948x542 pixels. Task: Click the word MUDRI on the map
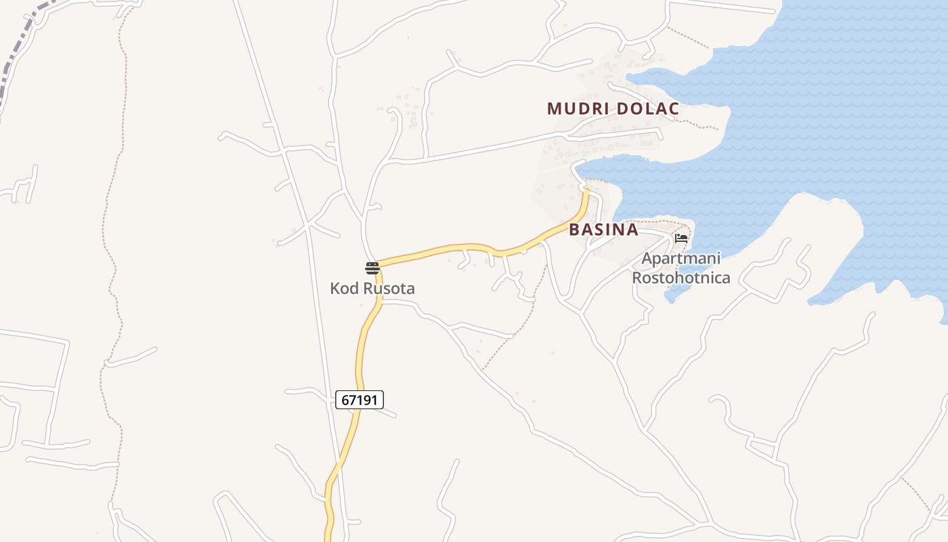[576, 108]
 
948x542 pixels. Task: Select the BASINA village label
[603, 230]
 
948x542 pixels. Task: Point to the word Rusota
[389, 289]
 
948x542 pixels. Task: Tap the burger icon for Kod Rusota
[372, 268]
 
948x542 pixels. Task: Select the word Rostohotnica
[681, 277]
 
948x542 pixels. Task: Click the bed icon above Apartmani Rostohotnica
[681, 238]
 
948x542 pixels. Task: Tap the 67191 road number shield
[360, 400]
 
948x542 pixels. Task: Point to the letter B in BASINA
[574, 230]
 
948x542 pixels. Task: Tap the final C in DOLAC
[674, 108]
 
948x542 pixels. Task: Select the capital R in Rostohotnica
[637, 277]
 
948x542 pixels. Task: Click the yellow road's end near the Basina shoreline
[586, 194]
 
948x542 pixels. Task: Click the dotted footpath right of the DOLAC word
[697, 125]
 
